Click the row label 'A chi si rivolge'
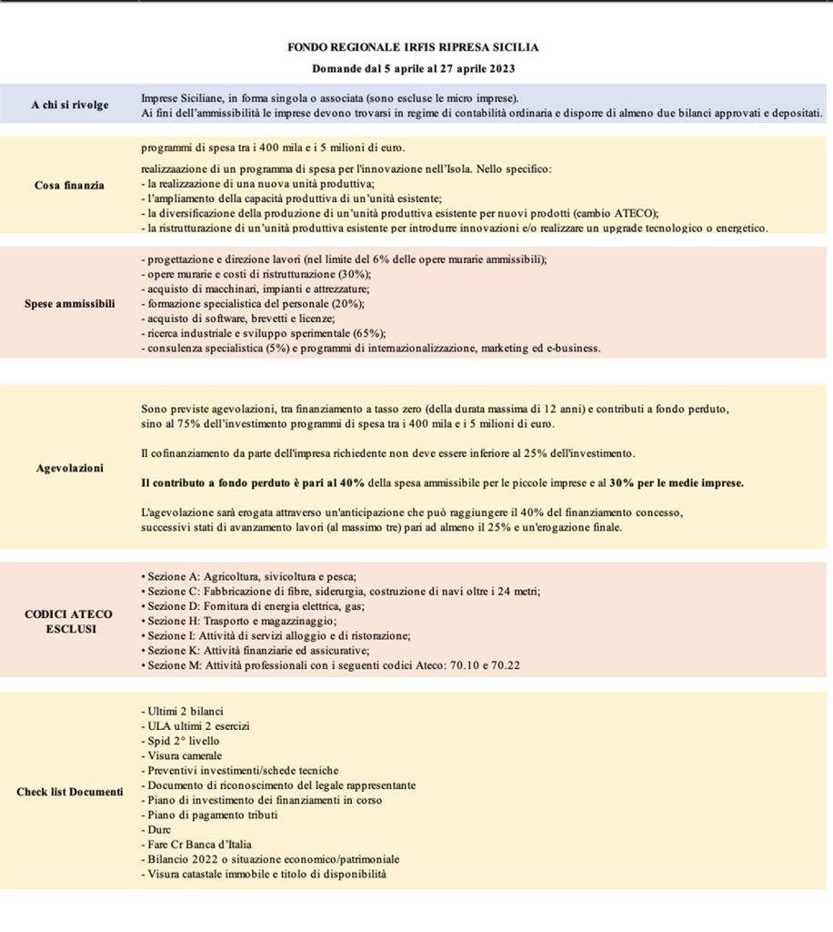(x=69, y=105)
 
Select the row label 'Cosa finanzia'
(x=69, y=185)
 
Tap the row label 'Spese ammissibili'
(x=69, y=303)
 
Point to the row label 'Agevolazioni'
(x=70, y=468)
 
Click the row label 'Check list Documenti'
(x=69, y=792)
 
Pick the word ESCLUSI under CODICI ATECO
(x=69, y=629)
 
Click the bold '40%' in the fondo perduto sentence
(x=351, y=483)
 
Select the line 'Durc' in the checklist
(x=155, y=830)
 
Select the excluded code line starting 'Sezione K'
(x=256, y=650)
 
